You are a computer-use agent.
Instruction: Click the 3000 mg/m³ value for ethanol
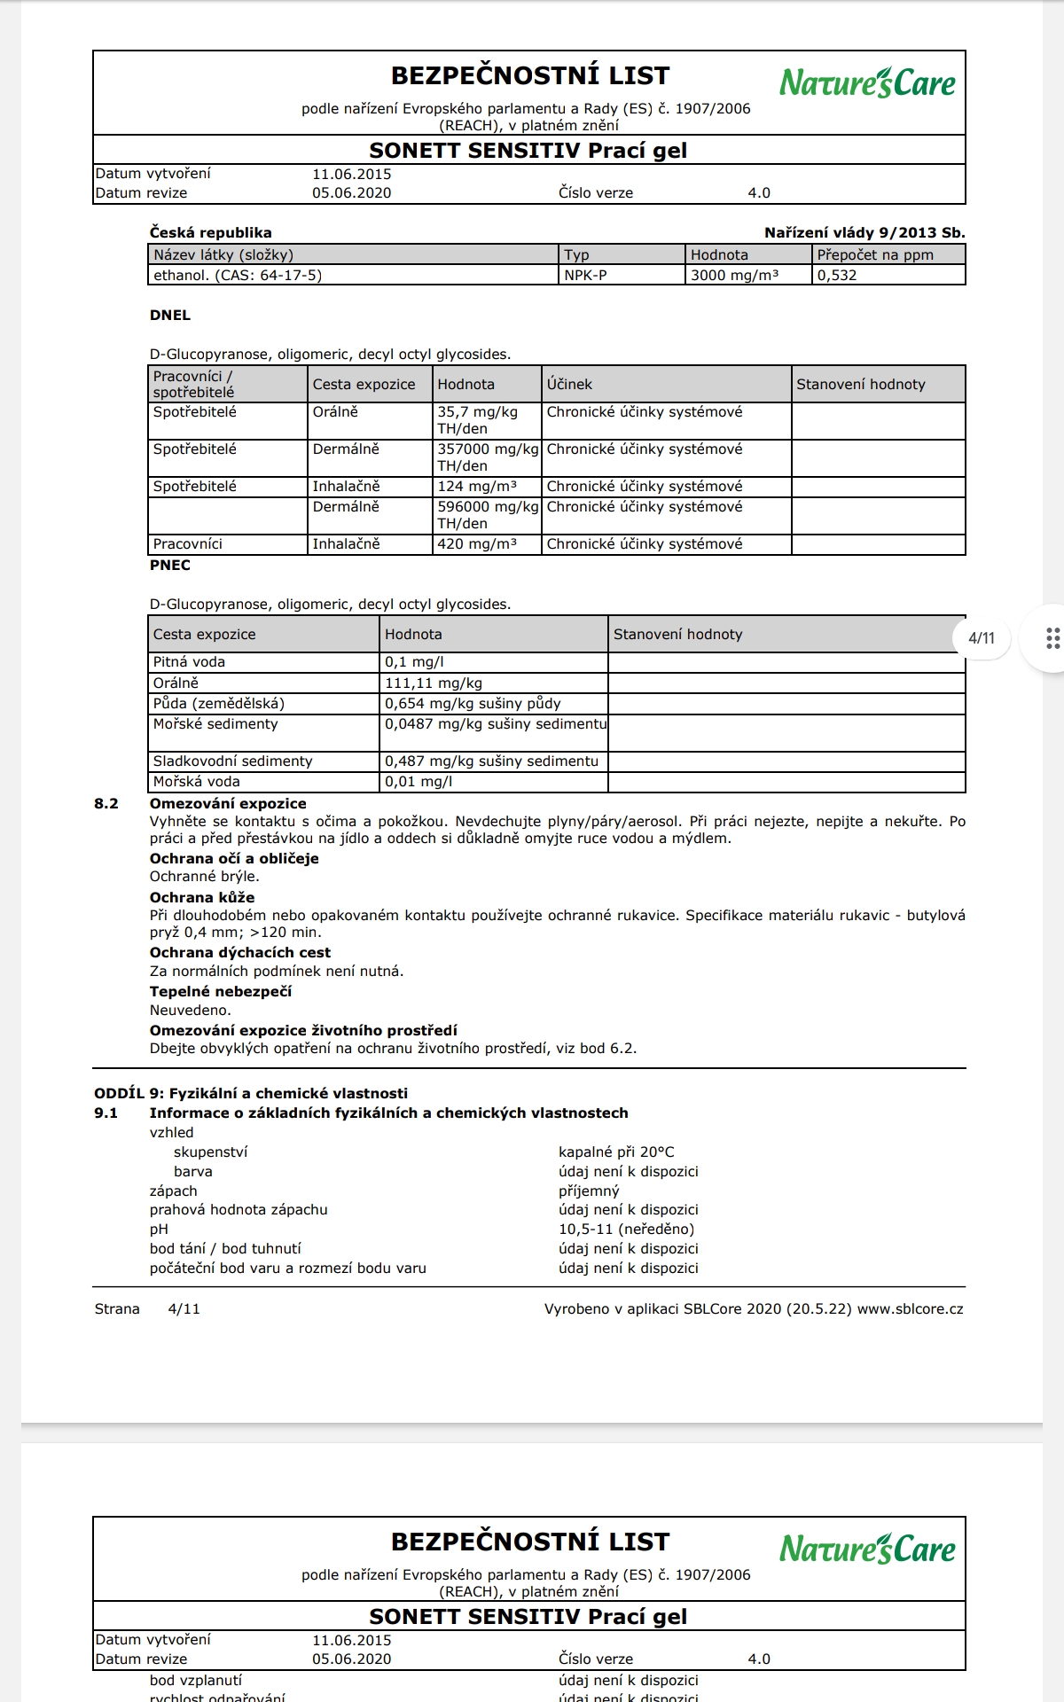click(x=734, y=275)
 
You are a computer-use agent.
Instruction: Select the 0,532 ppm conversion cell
click(x=837, y=275)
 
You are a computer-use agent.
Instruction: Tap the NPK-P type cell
click(x=585, y=275)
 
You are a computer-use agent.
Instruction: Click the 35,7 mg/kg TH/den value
click(x=477, y=420)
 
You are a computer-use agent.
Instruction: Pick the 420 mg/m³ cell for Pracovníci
click(x=476, y=543)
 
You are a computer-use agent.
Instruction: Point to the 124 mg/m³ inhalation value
click(x=476, y=486)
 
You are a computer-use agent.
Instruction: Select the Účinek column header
click(x=569, y=384)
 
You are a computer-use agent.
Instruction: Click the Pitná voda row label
click(x=189, y=661)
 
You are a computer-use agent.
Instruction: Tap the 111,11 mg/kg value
click(x=433, y=683)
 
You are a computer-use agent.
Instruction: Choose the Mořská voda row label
click(x=196, y=781)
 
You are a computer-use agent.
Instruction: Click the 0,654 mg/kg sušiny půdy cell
click(x=472, y=703)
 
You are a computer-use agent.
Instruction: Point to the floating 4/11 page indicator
click(x=981, y=637)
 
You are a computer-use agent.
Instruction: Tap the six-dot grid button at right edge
click(x=1052, y=638)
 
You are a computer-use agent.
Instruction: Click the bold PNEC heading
click(x=169, y=565)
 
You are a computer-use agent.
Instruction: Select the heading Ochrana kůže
click(x=201, y=897)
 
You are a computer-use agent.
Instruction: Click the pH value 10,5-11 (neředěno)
click(x=626, y=1229)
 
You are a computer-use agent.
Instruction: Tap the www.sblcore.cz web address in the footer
click(x=910, y=1308)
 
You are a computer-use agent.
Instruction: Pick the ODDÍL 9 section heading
click(x=251, y=1093)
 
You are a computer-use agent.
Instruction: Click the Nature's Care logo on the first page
click(x=866, y=82)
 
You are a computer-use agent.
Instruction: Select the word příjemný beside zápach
click(x=589, y=1191)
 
